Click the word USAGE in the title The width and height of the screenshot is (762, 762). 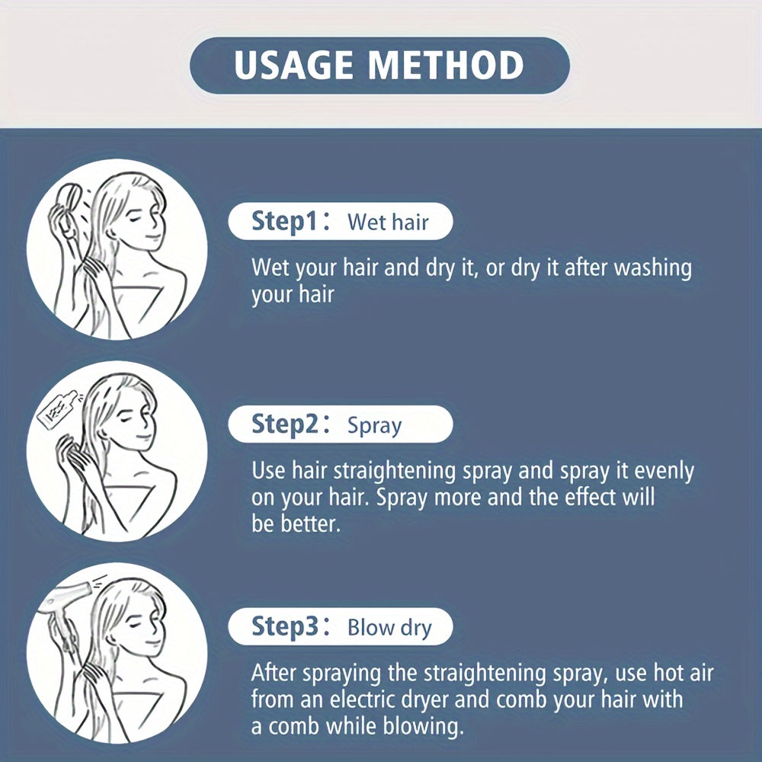(293, 65)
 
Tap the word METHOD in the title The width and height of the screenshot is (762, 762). (446, 65)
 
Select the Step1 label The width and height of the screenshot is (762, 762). (284, 221)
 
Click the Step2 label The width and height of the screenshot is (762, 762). (285, 424)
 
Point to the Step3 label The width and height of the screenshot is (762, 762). (285, 626)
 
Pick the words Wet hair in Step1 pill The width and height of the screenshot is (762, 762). (388, 222)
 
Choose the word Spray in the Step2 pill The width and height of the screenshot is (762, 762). (375, 426)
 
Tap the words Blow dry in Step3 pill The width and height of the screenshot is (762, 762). (389, 627)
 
